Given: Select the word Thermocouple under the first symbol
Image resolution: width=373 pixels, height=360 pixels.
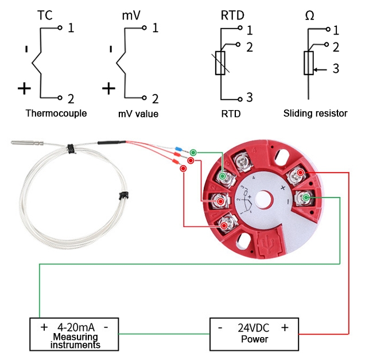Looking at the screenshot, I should click(56, 113).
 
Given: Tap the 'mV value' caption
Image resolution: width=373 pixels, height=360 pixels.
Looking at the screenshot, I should click(138, 114).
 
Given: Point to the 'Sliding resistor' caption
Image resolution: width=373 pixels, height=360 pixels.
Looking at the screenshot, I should click(315, 113).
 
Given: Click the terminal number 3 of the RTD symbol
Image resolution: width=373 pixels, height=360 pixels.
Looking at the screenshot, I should click(249, 96).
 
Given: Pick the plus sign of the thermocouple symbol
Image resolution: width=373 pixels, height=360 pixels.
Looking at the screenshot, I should click(24, 88).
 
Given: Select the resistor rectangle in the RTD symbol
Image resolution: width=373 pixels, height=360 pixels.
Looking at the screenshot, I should click(220, 63).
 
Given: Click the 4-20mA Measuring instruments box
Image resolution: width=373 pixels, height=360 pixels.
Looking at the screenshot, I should click(75, 334).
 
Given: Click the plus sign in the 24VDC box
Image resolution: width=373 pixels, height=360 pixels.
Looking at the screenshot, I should click(285, 328).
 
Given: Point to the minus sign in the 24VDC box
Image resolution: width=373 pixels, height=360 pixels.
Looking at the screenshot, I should click(220, 328).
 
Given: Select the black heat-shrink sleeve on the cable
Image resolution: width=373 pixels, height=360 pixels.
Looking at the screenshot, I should click(108, 140).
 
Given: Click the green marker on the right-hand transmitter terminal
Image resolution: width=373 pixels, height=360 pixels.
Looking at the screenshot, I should click(306, 198).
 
